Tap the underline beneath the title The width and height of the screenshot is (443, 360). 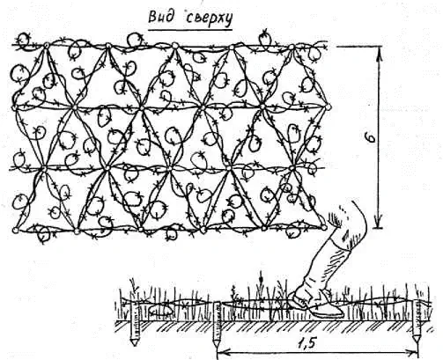pos(190,29)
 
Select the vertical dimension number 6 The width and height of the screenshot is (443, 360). pos(372,137)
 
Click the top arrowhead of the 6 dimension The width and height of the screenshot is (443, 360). pos(379,54)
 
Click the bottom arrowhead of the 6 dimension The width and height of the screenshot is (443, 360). pos(379,221)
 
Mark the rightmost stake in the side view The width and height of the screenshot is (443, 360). pos(417,322)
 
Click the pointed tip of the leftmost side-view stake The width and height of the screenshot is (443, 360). pos(134,344)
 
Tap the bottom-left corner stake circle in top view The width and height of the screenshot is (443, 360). pos(15,231)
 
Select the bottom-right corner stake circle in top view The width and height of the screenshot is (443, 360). pos(324,227)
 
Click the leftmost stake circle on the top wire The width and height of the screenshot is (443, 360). pos(47,45)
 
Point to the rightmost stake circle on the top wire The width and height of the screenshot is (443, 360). pos(292,47)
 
